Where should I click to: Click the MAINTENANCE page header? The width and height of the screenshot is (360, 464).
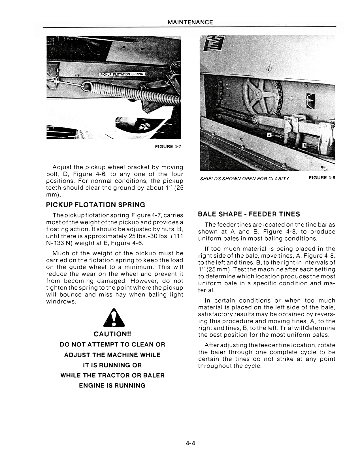[190, 22]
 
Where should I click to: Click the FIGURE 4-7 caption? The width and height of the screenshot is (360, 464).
[168, 147]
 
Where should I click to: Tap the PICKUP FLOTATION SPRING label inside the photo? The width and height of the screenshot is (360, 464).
[122, 74]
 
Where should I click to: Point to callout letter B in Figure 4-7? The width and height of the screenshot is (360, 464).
[59, 70]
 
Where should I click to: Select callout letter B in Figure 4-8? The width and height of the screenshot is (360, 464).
[304, 146]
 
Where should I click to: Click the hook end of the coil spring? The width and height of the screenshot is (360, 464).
[88, 85]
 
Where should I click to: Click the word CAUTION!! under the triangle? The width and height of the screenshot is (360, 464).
[112, 334]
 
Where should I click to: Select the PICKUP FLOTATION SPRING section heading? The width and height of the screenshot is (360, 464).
[95, 205]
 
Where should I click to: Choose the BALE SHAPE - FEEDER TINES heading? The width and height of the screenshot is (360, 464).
[249, 214]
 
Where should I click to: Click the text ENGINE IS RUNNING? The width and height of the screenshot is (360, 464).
[112, 386]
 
